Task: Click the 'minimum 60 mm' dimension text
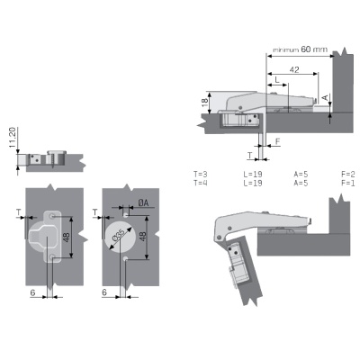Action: pos(300,49)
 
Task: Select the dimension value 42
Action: pos(294,69)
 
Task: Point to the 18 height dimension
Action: pos(205,103)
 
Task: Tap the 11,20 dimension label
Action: pos(13,137)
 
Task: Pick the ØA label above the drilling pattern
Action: pos(143,203)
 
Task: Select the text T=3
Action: pos(201,175)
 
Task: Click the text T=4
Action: pos(201,183)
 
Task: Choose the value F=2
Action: pos(348,175)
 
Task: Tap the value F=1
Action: pos(348,183)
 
